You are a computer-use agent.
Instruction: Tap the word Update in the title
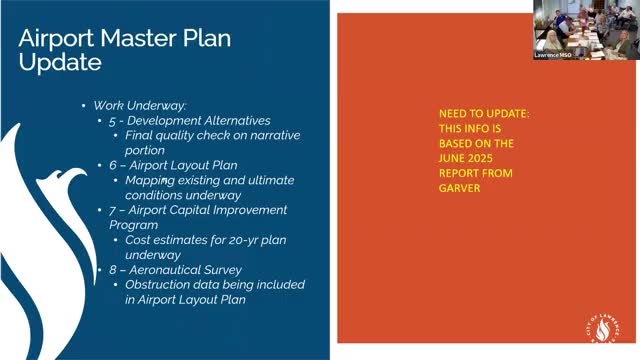point(60,62)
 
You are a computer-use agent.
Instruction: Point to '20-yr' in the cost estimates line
point(230,240)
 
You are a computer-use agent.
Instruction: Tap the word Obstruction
point(159,285)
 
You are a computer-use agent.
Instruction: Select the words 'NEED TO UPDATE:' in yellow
point(485,115)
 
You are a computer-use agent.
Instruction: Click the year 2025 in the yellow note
point(505,157)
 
